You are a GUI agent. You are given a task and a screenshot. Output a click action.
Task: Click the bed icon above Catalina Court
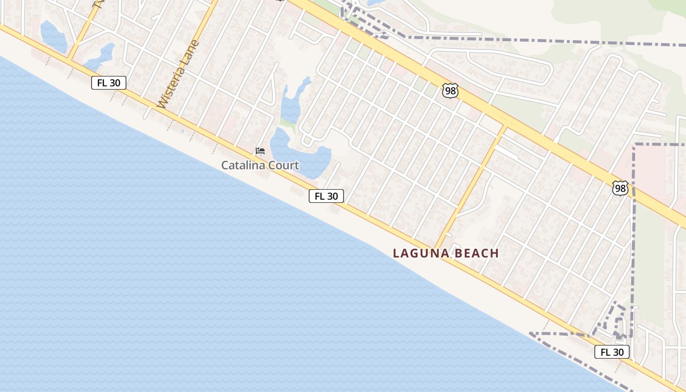[260, 151]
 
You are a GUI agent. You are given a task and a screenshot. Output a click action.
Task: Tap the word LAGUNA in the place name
[420, 253]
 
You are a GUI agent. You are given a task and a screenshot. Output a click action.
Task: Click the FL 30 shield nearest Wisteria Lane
[109, 83]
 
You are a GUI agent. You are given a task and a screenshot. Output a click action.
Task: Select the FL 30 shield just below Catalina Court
[326, 196]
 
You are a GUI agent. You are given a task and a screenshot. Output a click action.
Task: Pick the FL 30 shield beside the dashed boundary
[612, 352]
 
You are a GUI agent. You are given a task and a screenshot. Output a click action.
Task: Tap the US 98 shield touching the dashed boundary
[620, 188]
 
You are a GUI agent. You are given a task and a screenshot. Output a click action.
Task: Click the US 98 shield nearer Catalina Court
[450, 90]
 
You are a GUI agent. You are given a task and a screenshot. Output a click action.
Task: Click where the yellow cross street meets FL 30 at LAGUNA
[435, 249]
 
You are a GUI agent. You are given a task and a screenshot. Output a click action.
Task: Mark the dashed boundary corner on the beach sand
[531, 334]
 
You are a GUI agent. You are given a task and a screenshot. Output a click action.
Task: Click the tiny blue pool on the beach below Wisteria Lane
[182, 130]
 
